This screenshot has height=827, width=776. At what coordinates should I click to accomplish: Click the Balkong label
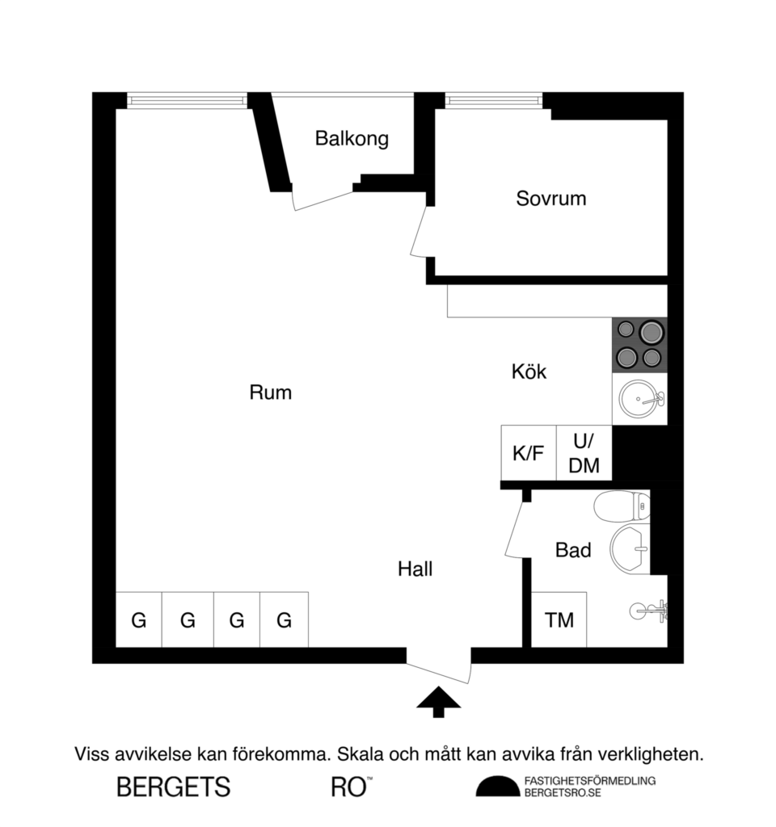pyautogui.click(x=352, y=138)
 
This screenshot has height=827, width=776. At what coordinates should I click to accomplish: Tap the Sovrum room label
pyautogui.click(x=550, y=198)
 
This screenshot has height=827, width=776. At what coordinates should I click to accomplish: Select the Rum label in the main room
pyautogui.click(x=270, y=393)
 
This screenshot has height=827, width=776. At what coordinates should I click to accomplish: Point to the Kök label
pyautogui.click(x=529, y=372)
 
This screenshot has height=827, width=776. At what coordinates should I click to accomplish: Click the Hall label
pyautogui.click(x=415, y=569)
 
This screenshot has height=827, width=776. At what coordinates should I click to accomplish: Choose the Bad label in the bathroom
pyautogui.click(x=573, y=551)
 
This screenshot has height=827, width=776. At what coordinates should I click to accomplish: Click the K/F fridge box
pyautogui.click(x=529, y=453)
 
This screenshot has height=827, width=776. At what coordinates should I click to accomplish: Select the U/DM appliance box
pyautogui.click(x=584, y=453)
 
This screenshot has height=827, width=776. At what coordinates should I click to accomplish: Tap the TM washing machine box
pyautogui.click(x=559, y=620)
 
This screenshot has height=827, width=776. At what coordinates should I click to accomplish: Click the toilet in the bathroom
pyautogui.click(x=622, y=507)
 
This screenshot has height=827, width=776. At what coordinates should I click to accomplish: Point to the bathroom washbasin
pyautogui.click(x=630, y=548)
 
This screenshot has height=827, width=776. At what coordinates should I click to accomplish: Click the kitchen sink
pyautogui.click(x=640, y=398)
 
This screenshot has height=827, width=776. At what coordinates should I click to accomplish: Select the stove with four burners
pyautogui.click(x=639, y=345)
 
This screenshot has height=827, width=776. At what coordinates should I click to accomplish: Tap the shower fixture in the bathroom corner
pyautogui.click(x=651, y=610)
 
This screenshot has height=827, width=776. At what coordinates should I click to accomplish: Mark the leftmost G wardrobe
pyautogui.click(x=139, y=620)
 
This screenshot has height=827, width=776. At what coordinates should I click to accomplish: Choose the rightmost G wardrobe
pyautogui.click(x=284, y=620)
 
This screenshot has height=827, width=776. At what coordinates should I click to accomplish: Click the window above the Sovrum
pyautogui.click(x=493, y=100)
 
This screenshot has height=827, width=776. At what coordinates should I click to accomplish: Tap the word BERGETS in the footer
pyautogui.click(x=174, y=787)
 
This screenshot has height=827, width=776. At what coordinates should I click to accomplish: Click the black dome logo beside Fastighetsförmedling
pyautogui.click(x=497, y=786)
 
